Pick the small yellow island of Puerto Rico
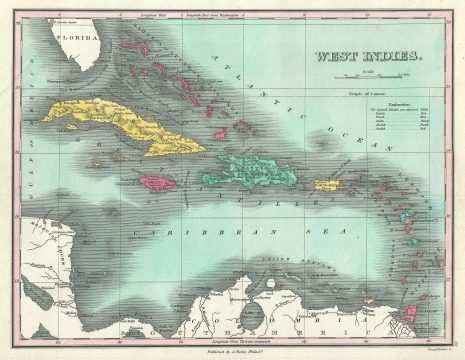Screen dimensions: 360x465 [328, 185]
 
